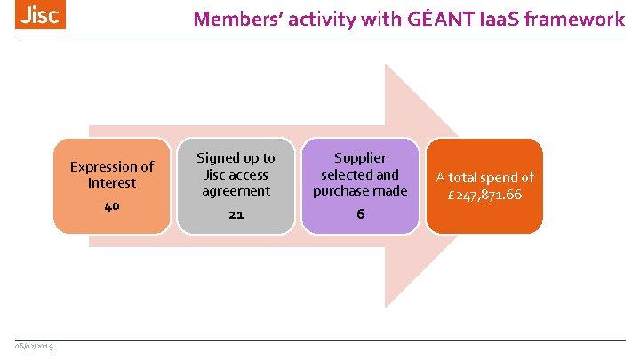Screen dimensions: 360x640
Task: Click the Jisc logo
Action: pyautogui.click(x=40, y=15)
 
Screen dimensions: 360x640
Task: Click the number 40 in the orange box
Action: pyautogui.click(x=111, y=206)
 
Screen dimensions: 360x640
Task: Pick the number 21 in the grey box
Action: pyautogui.click(x=236, y=214)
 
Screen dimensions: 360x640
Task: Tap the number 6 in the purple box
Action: pyautogui.click(x=360, y=214)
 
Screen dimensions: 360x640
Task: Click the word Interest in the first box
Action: pyautogui.click(x=112, y=183)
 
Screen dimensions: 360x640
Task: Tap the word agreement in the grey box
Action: pyautogui.click(x=236, y=191)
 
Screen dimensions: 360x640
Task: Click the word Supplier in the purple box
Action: pyautogui.click(x=360, y=158)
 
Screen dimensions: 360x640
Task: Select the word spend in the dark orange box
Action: pyautogui.click(x=497, y=178)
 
